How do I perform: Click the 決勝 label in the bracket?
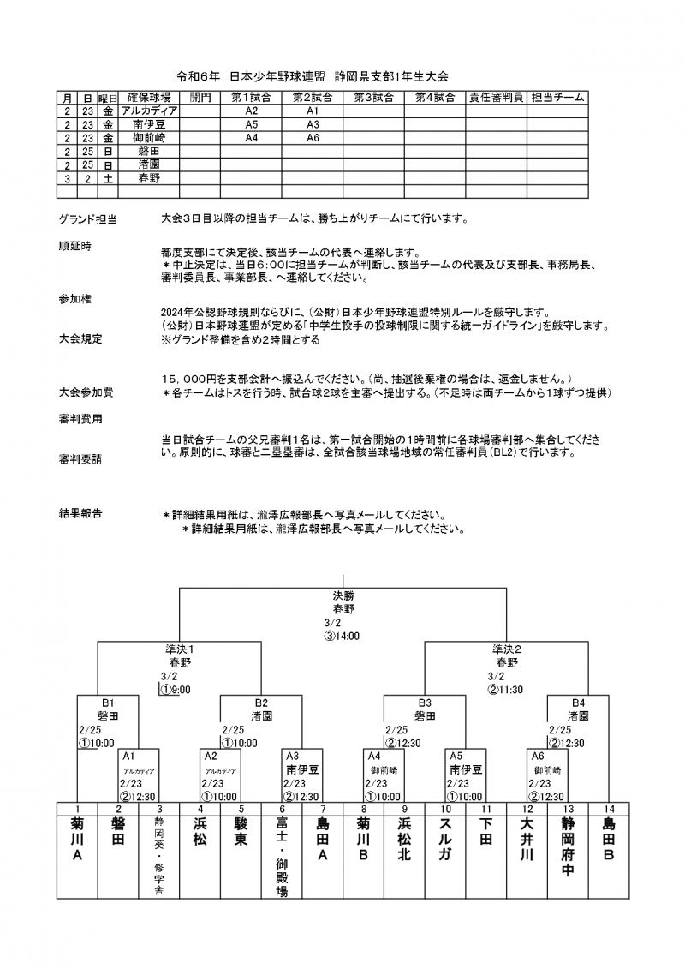[342, 595]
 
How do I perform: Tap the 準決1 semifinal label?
[180, 649]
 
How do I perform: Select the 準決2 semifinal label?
[507, 649]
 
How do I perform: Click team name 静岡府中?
[568, 849]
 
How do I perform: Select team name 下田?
[486, 831]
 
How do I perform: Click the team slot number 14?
[609, 809]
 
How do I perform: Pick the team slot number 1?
[77, 809]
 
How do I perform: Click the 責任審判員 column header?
[496, 99]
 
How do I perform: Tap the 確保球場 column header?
[149, 99]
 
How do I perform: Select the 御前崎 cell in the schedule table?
[149, 137]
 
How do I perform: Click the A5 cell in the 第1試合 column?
[252, 124]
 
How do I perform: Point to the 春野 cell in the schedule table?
[149, 178]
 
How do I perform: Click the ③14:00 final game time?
[342, 637]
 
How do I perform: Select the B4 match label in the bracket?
[579, 702]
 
